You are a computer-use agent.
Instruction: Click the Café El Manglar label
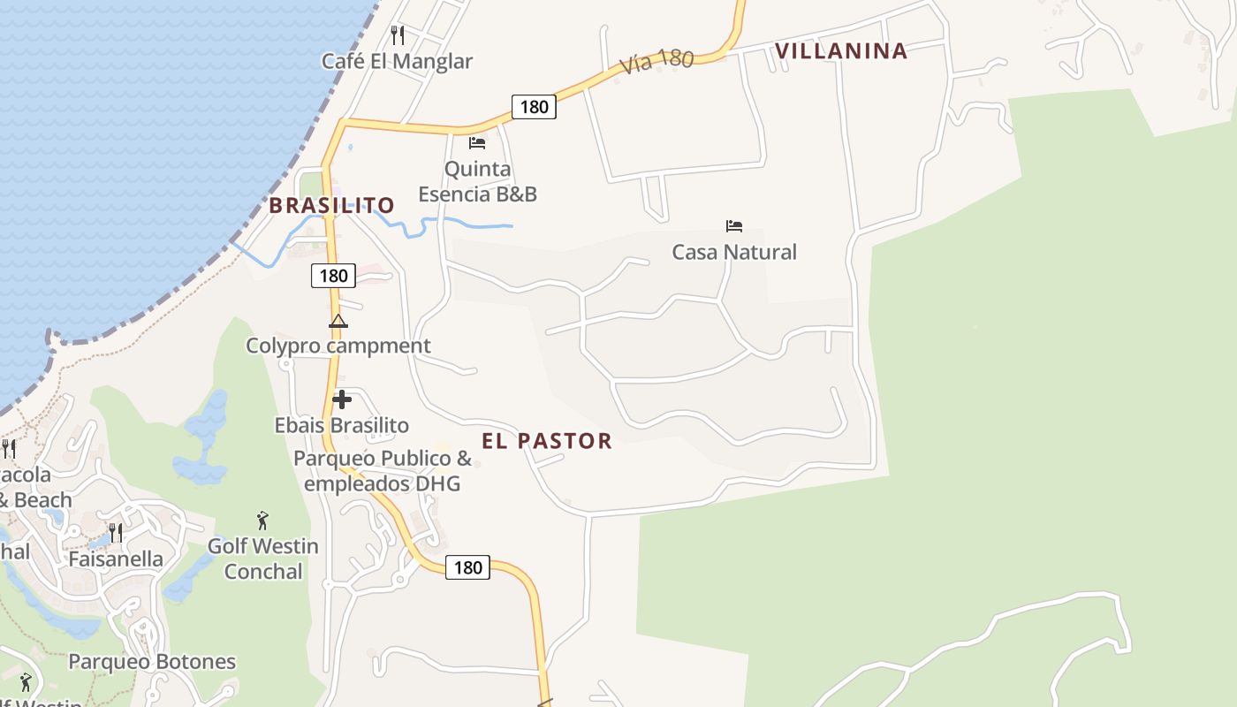[397, 61]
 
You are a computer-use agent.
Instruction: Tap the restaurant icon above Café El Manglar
[398, 35]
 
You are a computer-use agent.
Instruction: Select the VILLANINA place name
[841, 51]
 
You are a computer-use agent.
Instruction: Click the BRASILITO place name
[331, 206]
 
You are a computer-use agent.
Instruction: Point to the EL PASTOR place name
[547, 441]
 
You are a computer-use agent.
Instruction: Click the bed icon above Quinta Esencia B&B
[477, 142]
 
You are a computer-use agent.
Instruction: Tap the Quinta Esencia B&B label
[477, 181]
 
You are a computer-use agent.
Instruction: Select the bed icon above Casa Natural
[734, 226]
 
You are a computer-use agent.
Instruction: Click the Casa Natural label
[734, 252]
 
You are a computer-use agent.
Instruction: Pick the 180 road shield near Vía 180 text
[534, 107]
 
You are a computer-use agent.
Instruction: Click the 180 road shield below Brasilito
[333, 276]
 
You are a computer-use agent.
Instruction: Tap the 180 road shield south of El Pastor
[467, 566]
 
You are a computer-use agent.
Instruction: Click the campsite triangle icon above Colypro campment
[338, 321]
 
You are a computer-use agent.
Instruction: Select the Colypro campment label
[338, 346]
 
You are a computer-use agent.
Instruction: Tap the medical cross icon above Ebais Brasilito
[342, 399]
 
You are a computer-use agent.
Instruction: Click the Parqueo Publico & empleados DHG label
[383, 471]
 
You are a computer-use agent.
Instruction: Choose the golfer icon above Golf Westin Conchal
[262, 521]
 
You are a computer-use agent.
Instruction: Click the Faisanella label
[116, 559]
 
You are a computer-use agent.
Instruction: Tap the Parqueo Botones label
[152, 662]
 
